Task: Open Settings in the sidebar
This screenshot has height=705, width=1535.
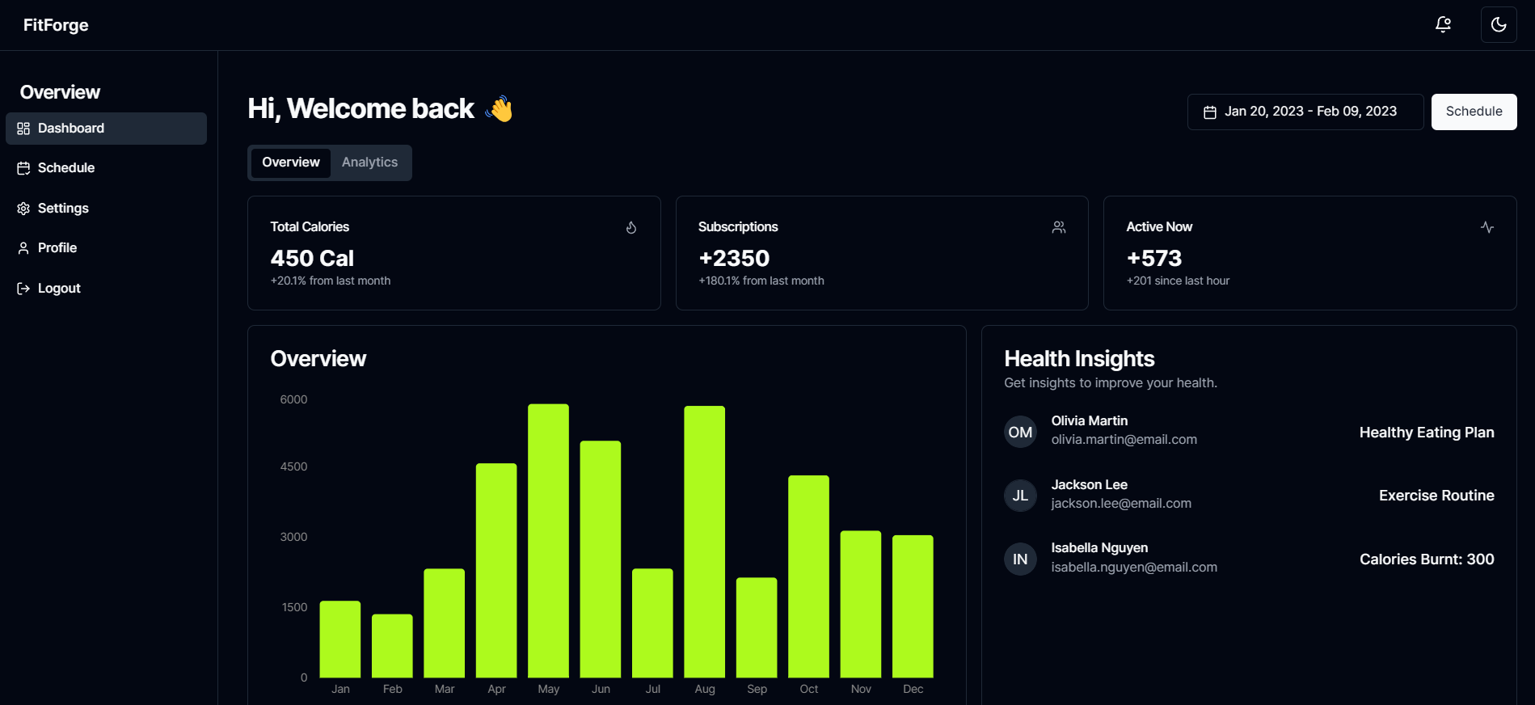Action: click(x=62, y=209)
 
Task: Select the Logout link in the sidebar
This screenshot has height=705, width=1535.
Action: click(x=58, y=289)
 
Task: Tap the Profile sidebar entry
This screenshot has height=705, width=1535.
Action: click(x=57, y=248)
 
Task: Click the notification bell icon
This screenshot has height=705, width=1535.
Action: click(x=1443, y=25)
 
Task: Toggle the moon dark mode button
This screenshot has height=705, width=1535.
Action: click(x=1498, y=25)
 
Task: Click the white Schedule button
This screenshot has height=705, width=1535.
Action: click(x=1474, y=112)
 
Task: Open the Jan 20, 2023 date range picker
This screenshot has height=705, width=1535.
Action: click(x=1305, y=112)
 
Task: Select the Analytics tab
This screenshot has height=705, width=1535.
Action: click(x=369, y=163)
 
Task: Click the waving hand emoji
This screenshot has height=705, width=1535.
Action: click(x=500, y=109)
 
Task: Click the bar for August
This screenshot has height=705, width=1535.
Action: click(x=704, y=542)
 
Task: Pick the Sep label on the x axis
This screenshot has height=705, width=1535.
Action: click(x=757, y=689)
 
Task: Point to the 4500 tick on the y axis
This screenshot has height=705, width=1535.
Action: click(x=293, y=466)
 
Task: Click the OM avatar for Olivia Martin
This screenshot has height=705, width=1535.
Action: click(x=1020, y=432)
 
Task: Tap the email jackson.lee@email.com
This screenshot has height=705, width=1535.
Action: click(x=1120, y=504)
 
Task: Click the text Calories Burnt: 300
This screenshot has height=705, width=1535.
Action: click(x=1426, y=559)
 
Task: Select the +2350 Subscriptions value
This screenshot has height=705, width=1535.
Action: click(x=734, y=258)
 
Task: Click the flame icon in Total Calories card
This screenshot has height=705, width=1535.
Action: click(x=631, y=228)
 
